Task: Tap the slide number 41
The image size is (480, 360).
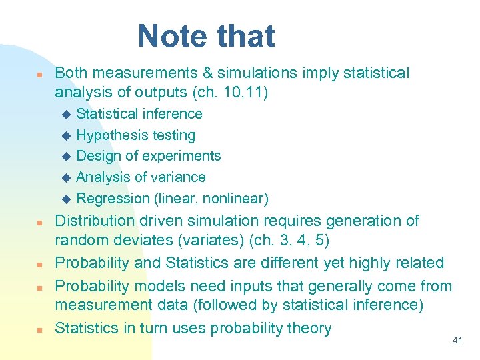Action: tap(457, 341)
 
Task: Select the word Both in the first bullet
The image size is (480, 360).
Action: tap(71, 73)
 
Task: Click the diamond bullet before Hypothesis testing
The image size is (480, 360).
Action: tap(65, 136)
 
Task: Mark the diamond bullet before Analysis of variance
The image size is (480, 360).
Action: tap(65, 178)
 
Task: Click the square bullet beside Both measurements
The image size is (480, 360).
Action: tap(40, 74)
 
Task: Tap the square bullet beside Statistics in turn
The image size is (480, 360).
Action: tap(40, 329)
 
